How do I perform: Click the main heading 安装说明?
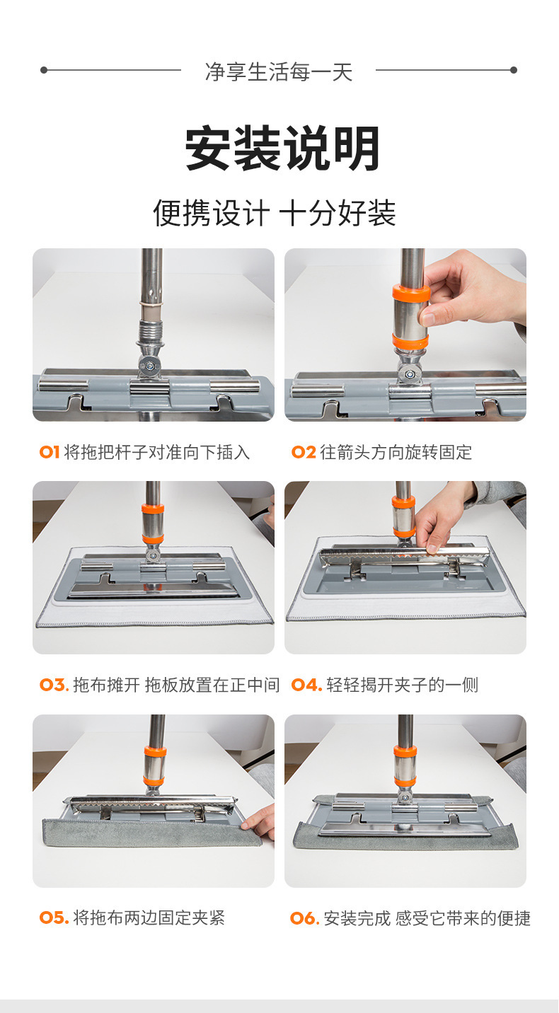[x=282, y=149]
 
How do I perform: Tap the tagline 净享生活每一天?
[x=279, y=72]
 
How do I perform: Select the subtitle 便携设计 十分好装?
[x=275, y=212]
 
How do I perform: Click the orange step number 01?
[x=50, y=452]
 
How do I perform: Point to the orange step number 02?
[x=304, y=452]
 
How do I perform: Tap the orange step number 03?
[x=54, y=685]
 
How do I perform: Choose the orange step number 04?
[x=306, y=685]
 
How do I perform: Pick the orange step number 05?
[x=54, y=918]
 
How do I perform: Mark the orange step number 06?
[x=305, y=918]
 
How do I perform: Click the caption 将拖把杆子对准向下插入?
[x=157, y=452]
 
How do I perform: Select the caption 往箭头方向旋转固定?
[x=396, y=452]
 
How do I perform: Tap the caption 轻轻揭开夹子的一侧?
[x=403, y=685]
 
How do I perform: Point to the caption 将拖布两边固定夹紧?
[x=149, y=918]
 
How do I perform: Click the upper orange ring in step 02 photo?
[x=410, y=294]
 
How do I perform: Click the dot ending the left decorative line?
[x=44, y=69]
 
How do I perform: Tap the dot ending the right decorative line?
[x=513, y=69]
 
